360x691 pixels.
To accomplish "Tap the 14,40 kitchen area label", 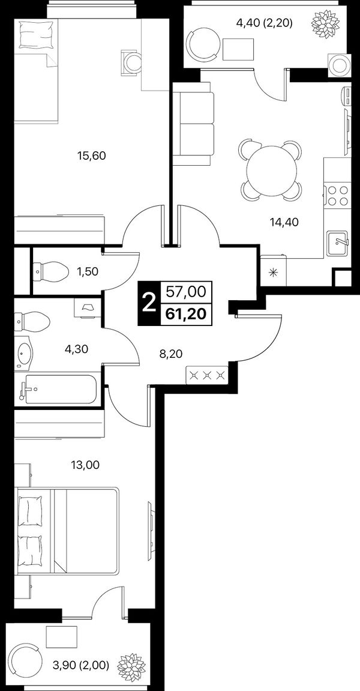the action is click(x=284, y=222).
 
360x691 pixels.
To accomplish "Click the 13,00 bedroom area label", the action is click(x=85, y=465).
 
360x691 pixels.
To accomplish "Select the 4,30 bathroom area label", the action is click(x=77, y=349).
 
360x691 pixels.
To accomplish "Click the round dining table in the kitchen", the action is click(x=272, y=170).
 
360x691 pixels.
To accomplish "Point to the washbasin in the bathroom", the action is click(x=25, y=352).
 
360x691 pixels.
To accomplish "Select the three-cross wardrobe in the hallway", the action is click(x=207, y=375).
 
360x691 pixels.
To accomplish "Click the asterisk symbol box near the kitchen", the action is click(x=274, y=271).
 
